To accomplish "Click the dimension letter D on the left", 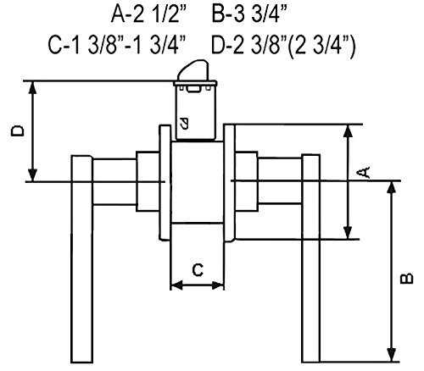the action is pos(18,131).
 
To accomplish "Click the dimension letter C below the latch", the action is pos(198,269).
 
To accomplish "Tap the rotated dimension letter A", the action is pos(364,172).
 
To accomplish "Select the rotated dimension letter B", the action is pos(407,278).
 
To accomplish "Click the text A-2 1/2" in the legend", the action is pos(150,14).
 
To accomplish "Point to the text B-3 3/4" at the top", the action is pos(249,14).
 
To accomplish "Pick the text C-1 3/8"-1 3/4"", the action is pos(116,45).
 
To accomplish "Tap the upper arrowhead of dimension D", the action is pos(33,87).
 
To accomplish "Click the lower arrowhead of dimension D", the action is pos(33,175).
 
